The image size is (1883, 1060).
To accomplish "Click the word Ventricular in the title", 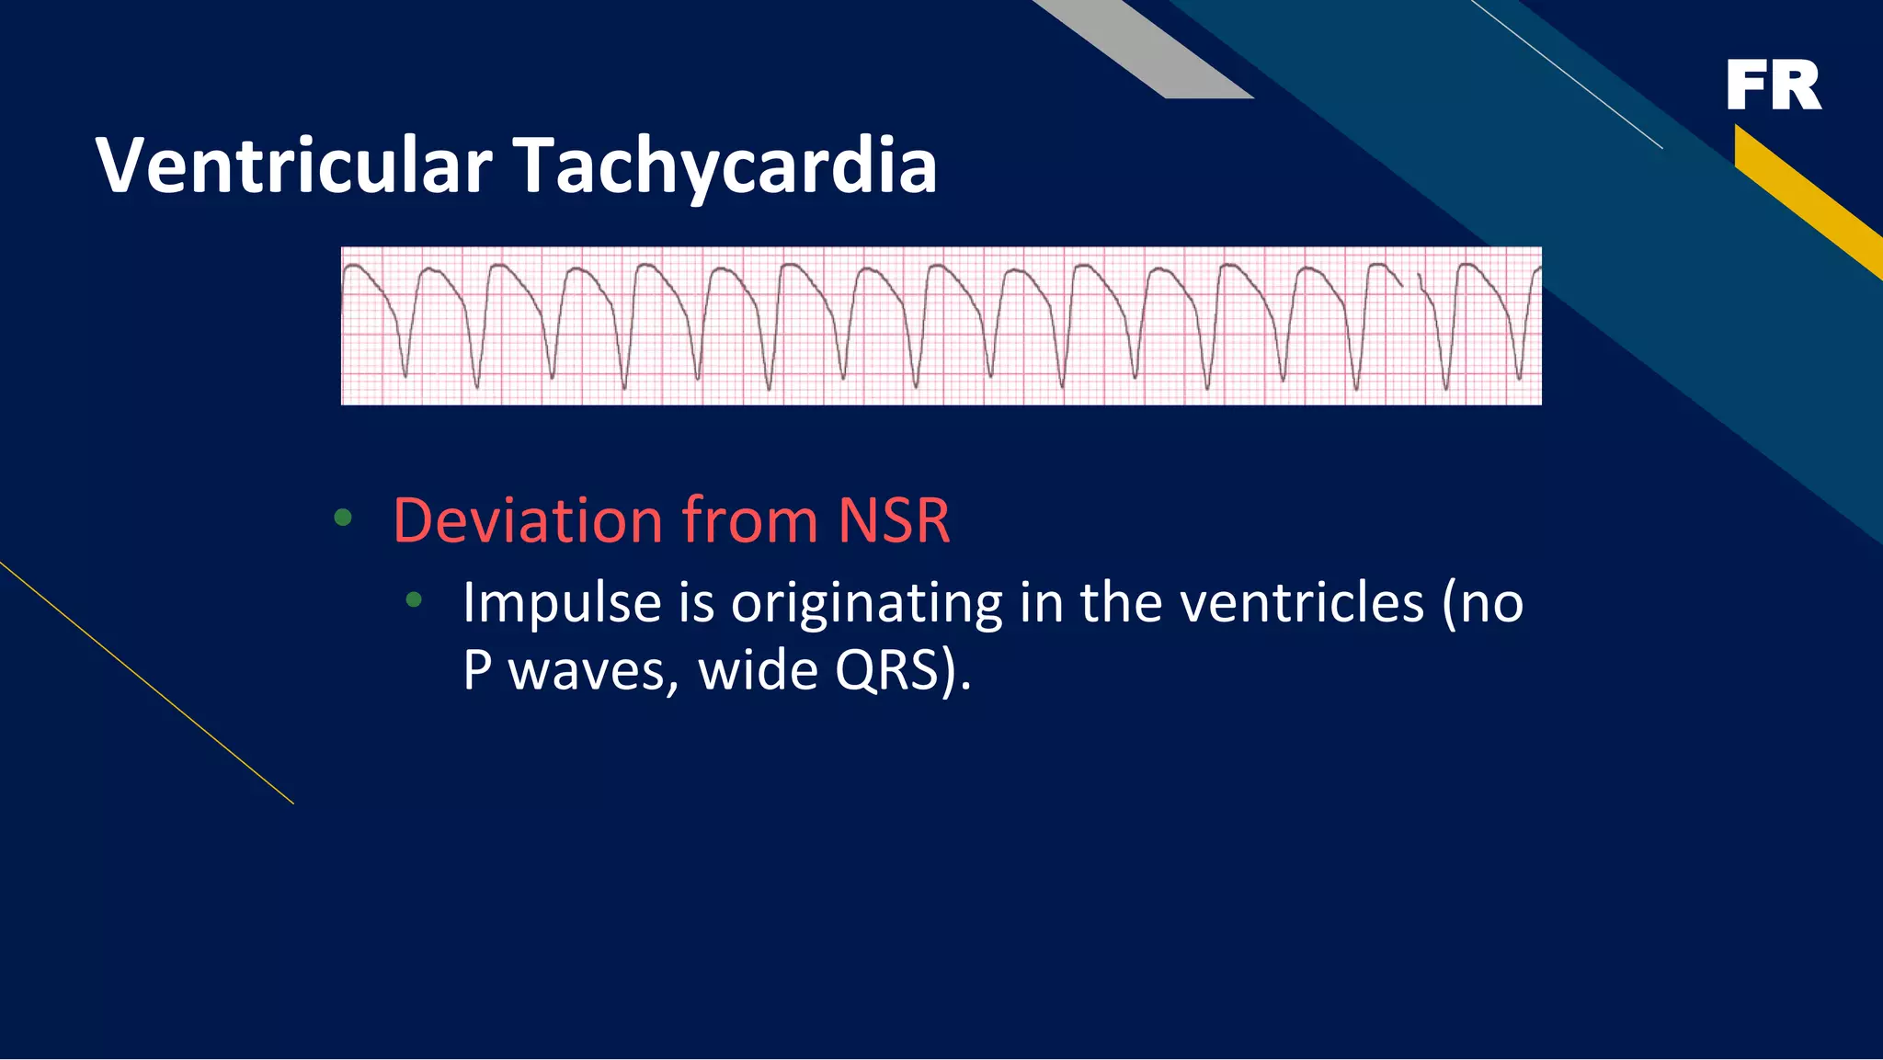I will click(294, 165).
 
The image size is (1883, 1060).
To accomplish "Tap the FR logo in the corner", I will click(1774, 85).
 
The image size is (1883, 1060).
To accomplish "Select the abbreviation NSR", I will click(894, 520).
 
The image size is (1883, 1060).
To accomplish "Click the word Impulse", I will click(562, 604).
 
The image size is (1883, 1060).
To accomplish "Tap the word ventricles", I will click(1302, 604).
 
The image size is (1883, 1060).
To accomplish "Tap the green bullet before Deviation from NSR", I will click(343, 519).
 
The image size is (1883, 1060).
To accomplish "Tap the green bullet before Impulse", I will click(414, 600).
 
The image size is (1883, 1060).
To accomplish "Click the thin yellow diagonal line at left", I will click(147, 683).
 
